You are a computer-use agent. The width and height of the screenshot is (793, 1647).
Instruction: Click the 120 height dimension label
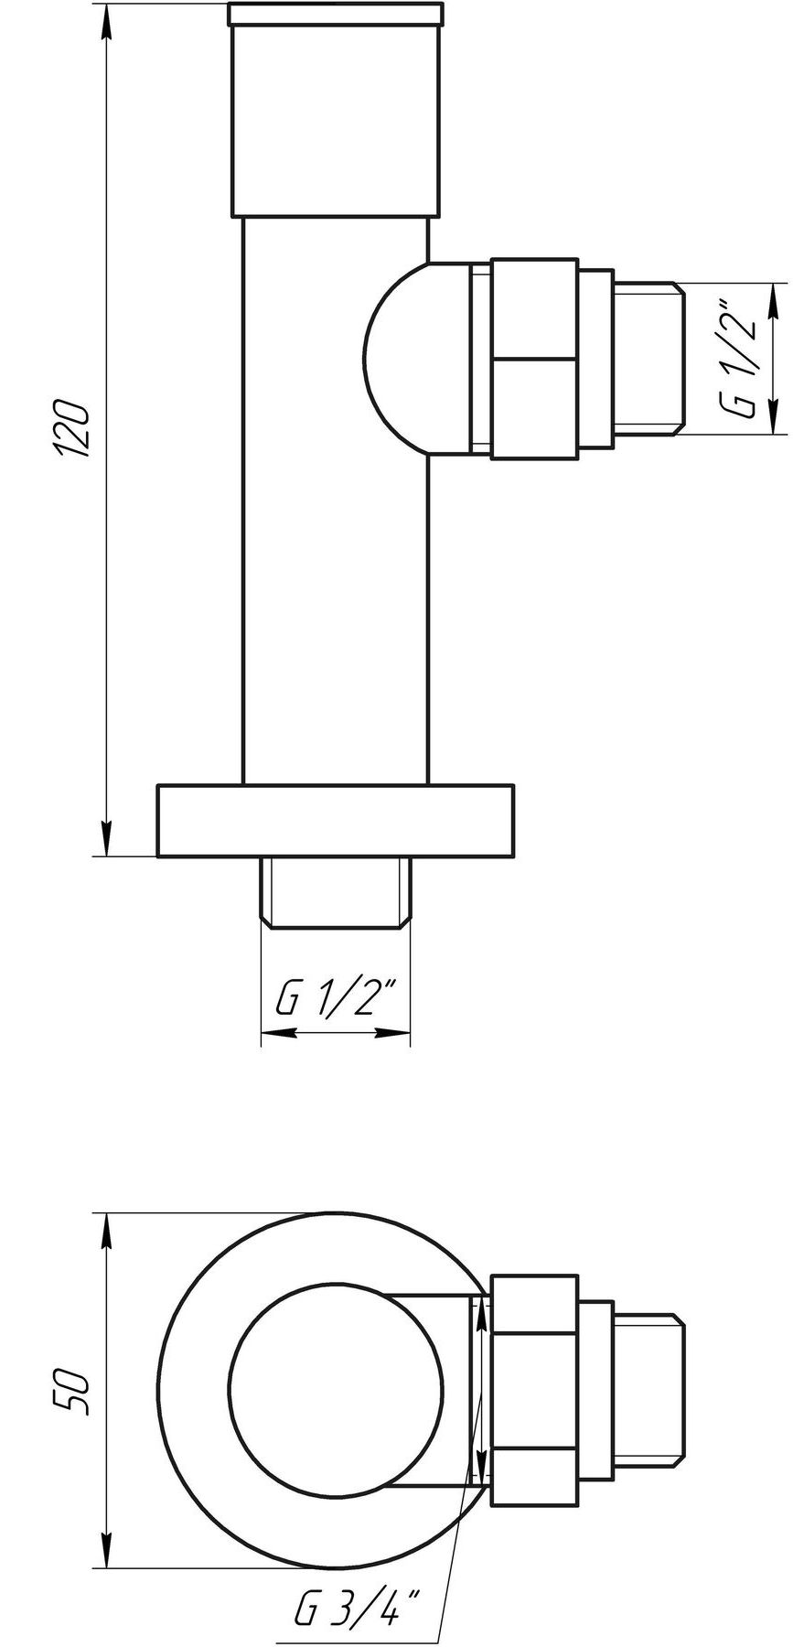71,428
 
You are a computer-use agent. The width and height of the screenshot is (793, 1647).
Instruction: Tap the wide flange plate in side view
335,820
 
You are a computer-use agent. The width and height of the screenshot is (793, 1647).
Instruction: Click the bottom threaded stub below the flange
335,892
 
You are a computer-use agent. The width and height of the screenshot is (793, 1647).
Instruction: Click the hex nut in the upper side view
535,358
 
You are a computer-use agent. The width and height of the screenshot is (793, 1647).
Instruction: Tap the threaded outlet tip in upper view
648,358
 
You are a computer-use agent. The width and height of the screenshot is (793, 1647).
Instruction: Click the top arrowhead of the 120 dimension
107,23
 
